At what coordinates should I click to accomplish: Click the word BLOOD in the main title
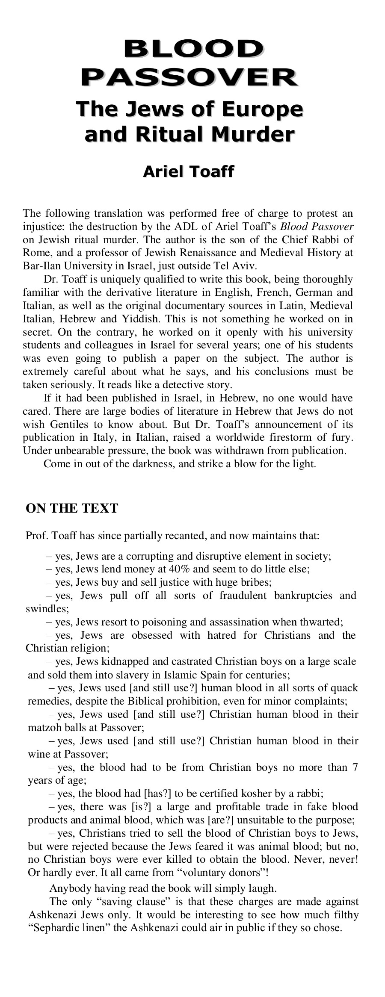pyautogui.click(x=192, y=50)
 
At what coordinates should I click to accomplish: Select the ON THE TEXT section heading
pyautogui.click(x=71, y=508)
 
